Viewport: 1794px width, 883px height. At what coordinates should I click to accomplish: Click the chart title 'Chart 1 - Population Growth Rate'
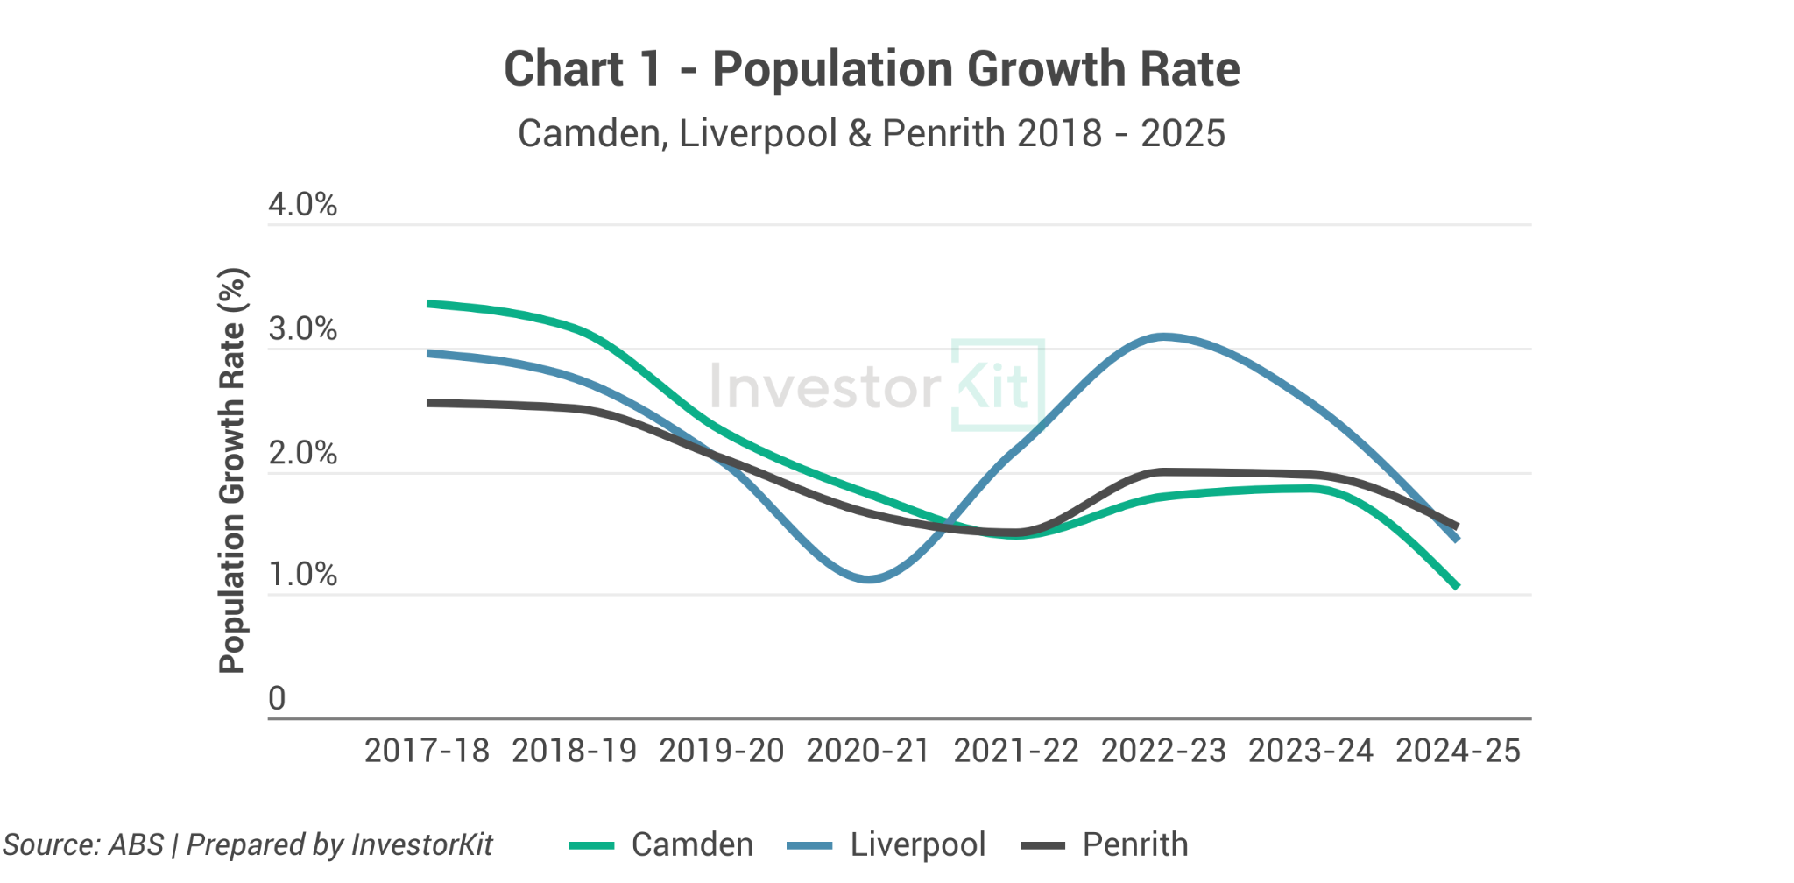coord(871,69)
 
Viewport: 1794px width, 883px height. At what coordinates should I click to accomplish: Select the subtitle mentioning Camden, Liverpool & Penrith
coord(871,134)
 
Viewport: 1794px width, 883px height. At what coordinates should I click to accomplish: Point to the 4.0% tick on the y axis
coord(302,205)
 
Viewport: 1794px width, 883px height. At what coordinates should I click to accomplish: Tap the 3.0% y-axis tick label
coord(302,329)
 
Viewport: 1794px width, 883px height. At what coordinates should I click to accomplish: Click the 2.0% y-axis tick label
coord(302,454)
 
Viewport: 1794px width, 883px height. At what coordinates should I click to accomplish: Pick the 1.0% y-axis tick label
coord(302,575)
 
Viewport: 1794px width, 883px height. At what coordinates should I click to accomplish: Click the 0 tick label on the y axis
coord(277,699)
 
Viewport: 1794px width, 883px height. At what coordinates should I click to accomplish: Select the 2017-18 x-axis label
coord(427,752)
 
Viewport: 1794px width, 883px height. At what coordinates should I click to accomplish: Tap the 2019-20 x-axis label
coord(721,752)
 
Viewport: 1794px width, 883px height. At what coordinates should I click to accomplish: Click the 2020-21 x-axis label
coord(868,752)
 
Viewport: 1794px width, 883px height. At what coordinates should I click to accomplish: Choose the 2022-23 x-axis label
coord(1163,752)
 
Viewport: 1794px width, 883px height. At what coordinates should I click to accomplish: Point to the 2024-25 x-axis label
coord(1458,752)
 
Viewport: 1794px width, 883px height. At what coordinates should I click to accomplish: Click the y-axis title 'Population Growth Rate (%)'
coord(232,470)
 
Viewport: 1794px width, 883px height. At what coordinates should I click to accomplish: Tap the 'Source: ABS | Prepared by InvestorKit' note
coord(248,845)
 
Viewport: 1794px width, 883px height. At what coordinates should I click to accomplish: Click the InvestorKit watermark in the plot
coord(876,386)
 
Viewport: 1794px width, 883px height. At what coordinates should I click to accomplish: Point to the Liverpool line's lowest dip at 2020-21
coord(868,579)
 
